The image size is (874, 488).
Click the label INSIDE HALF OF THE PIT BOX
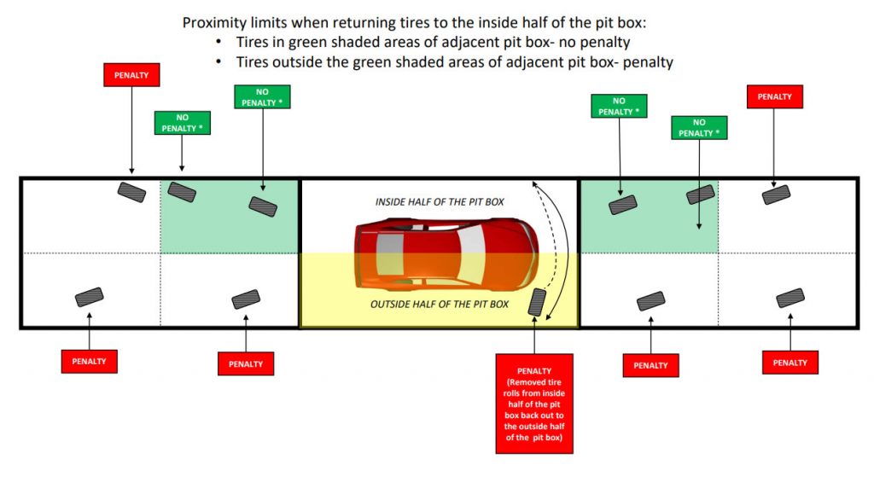440,201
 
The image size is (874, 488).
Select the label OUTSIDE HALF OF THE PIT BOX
440,305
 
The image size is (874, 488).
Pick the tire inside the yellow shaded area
537,302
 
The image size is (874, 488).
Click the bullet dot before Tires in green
219,42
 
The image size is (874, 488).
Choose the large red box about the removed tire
534,404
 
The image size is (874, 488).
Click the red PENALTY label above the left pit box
131,74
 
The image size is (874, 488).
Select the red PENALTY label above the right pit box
774,96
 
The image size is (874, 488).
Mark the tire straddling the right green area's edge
700,195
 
